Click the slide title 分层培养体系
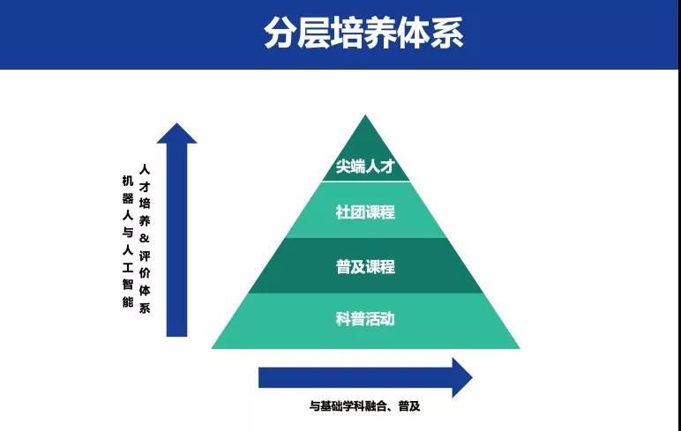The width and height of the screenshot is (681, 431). click(363, 33)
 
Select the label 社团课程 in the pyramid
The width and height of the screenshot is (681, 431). click(364, 212)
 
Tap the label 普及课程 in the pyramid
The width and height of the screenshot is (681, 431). click(364, 266)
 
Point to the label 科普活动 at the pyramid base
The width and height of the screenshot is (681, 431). click(364, 318)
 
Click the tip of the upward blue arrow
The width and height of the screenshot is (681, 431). click(177, 124)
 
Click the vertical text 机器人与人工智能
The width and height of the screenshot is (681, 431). click(128, 239)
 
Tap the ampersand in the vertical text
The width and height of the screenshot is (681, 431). click(146, 238)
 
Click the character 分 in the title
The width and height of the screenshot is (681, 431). click(281, 33)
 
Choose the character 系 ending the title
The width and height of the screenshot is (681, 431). click(447, 33)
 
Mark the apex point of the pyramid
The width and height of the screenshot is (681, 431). click(365, 115)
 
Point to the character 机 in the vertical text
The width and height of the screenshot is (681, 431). click(128, 180)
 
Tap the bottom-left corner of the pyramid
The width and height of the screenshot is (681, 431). click(213, 348)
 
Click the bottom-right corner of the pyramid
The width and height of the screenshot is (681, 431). click(519, 348)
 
